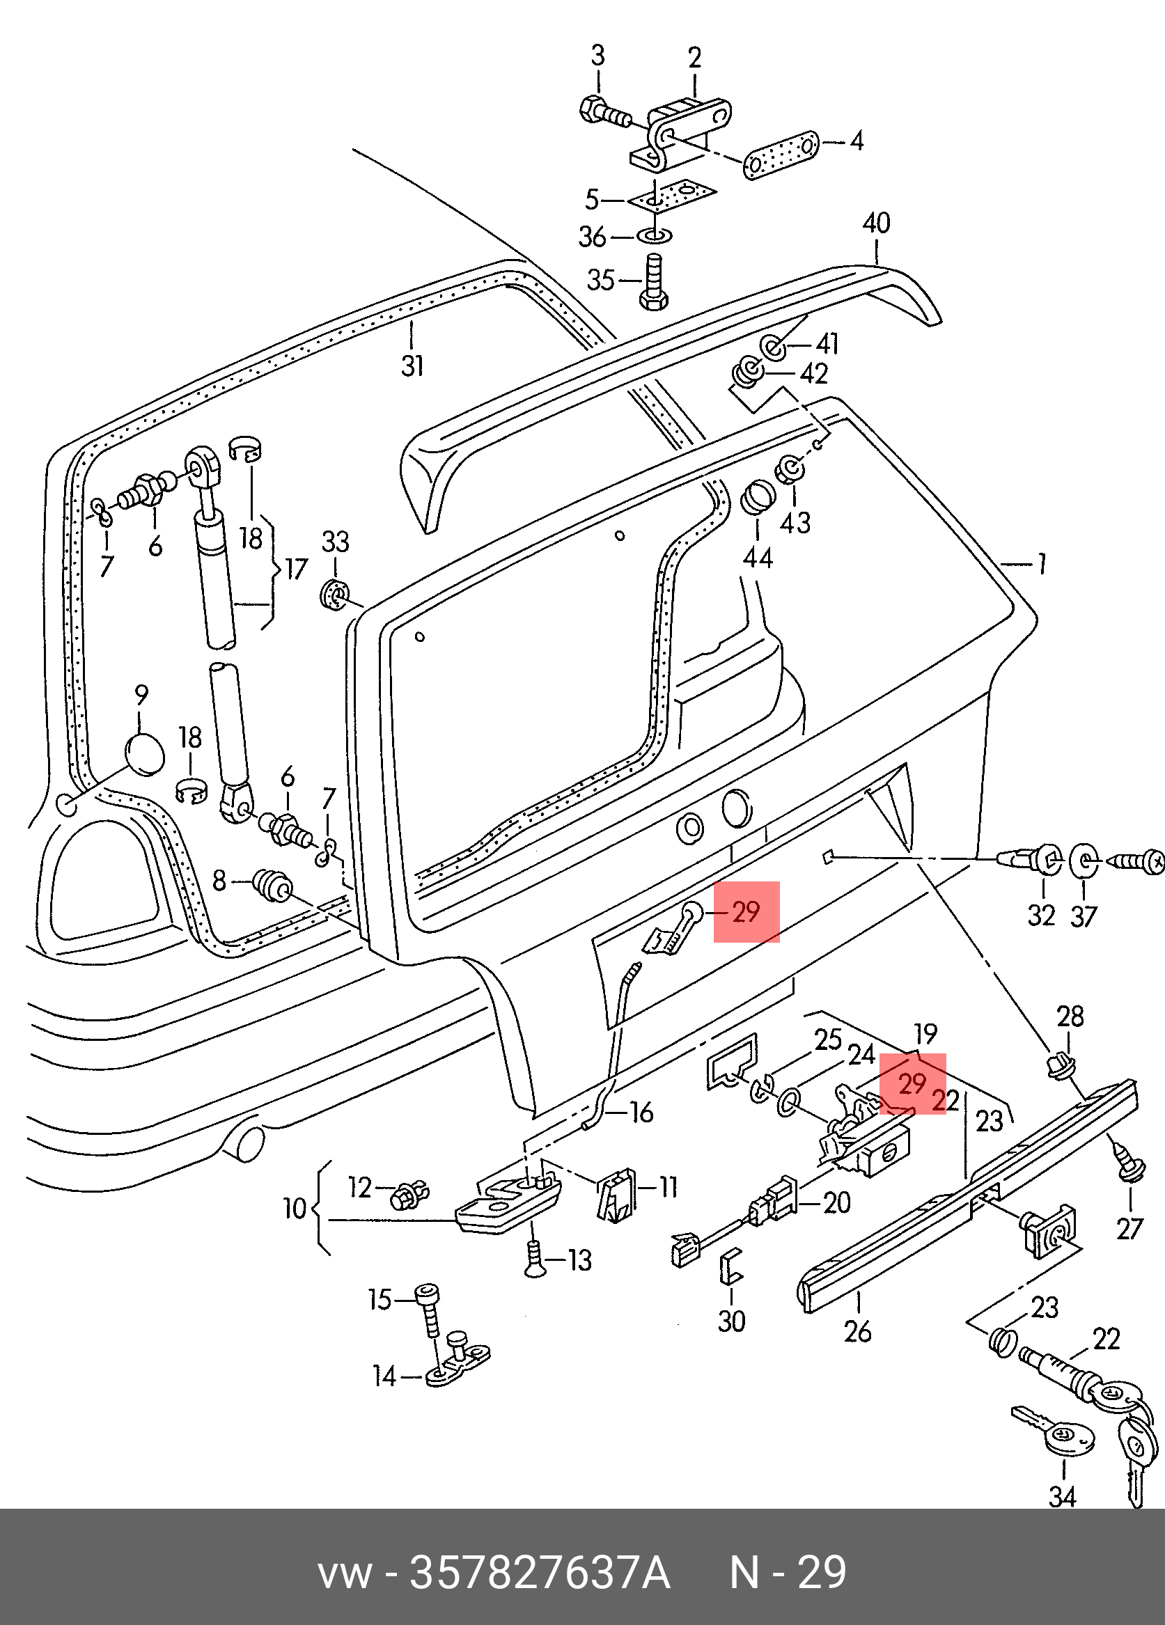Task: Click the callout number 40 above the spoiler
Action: pos(876,223)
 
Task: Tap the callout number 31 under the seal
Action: pos(413,366)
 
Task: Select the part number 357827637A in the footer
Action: pos(540,1573)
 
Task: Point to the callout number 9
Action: pos(141,695)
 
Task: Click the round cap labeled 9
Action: pos(144,754)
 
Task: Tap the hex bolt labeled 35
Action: pos(652,282)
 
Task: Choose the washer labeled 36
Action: pos(653,235)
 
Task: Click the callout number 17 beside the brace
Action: pos(296,570)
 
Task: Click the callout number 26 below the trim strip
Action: pos(858,1331)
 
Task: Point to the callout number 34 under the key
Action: pos(1063,1497)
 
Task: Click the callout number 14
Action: pos(385,1376)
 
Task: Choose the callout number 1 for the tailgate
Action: pos(1041,565)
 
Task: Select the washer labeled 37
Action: pos(1082,861)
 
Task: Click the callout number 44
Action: pos(758,557)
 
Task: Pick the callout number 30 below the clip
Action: pos(732,1321)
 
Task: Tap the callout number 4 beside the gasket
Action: pos(857,141)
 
